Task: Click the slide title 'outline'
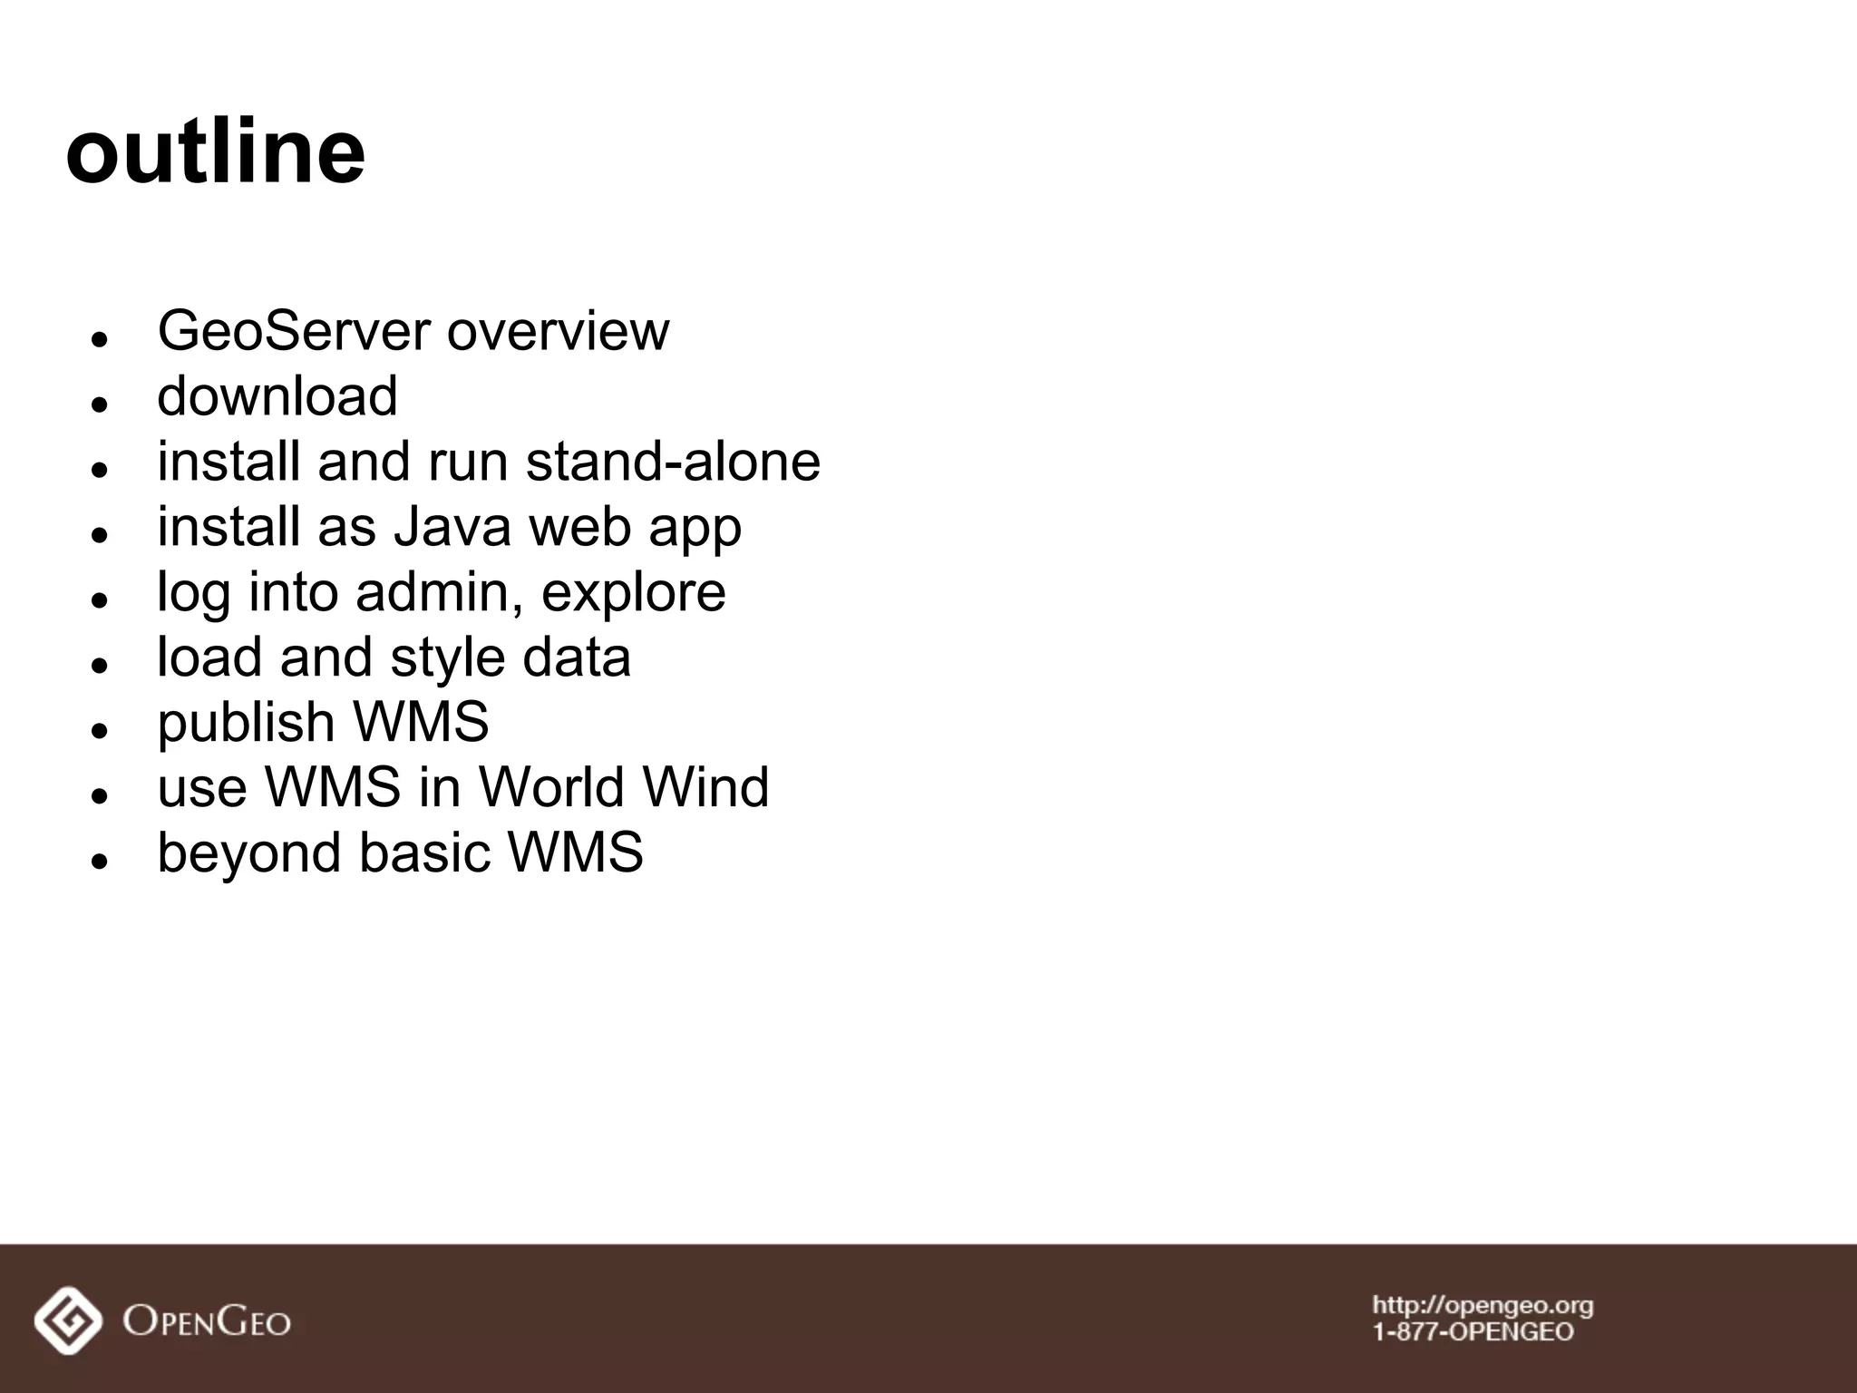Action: click(216, 151)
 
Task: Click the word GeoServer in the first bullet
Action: click(294, 331)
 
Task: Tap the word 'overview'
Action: click(558, 331)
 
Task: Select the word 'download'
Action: click(277, 396)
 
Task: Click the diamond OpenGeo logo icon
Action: click(68, 1320)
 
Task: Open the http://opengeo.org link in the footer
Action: click(1483, 1306)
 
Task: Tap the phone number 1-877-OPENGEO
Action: click(1473, 1332)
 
